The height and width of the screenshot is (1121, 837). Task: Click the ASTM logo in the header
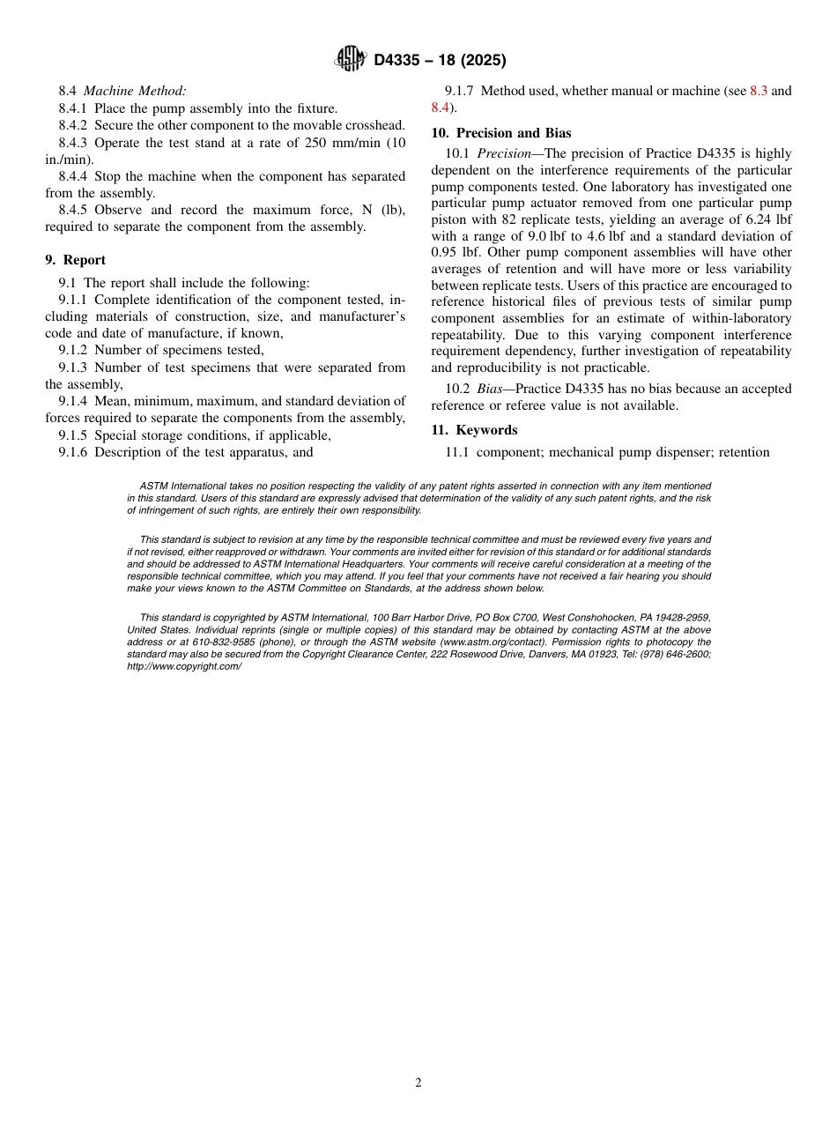[x=351, y=59]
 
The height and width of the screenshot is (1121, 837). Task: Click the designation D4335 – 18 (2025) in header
[x=440, y=60]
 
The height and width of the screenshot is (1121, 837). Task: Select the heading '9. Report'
[x=75, y=260]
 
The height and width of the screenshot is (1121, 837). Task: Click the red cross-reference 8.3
[x=759, y=91]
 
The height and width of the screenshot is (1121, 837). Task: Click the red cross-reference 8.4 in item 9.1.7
[x=441, y=108]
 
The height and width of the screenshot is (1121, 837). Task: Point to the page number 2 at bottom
[x=418, y=1083]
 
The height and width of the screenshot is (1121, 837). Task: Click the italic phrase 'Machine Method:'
[x=135, y=91]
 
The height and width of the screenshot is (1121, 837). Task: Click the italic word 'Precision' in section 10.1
[x=505, y=153]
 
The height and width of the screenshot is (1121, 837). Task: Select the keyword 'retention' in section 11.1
[x=744, y=453]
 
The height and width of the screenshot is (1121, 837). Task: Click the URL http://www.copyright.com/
[x=184, y=666]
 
